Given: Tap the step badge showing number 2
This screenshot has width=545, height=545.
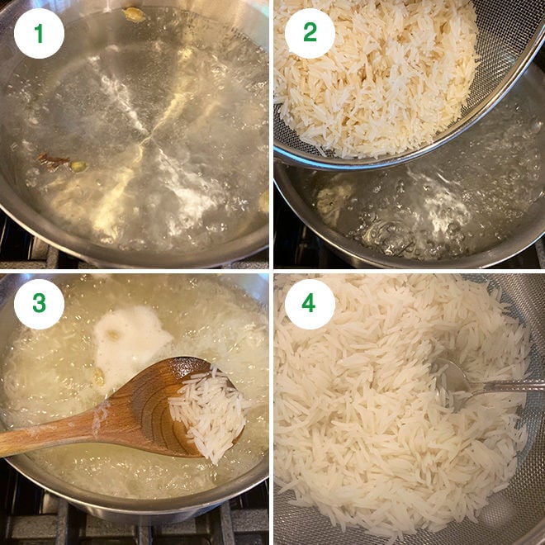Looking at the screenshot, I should pyautogui.click(x=310, y=34).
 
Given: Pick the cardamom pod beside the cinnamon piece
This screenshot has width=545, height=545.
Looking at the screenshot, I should pyautogui.click(x=78, y=166).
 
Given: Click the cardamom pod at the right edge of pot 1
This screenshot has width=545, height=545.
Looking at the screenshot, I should pyautogui.click(x=263, y=201).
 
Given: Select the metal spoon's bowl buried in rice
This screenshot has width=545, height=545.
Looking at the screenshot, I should pyautogui.click(x=450, y=376).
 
